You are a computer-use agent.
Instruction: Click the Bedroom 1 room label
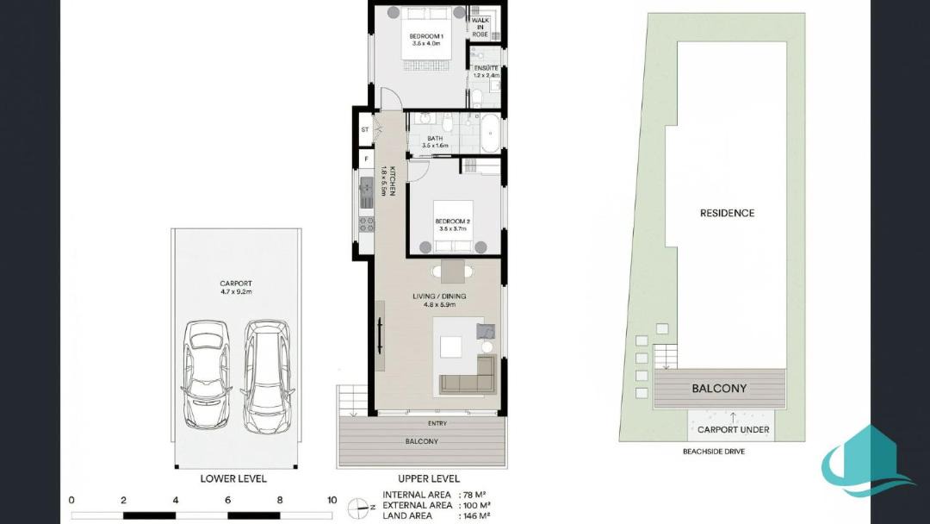pyautogui.click(x=426, y=36)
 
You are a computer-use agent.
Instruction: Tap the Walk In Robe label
pyautogui.click(x=480, y=28)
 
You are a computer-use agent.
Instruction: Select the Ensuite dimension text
pyautogui.click(x=487, y=75)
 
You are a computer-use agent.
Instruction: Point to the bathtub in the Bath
pyautogui.click(x=491, y=134)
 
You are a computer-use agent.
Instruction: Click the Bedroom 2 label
pyautogui.click(x=453, y=221)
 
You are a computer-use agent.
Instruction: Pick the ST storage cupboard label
pyautogui.click(x=365, y=129)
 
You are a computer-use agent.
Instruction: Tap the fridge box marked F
pyautogui.click(x=366, y=159)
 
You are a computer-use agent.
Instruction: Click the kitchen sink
pyautogui.click(x=366, y=192)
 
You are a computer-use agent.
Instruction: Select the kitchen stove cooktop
pyautogui.click(x=366, y=224)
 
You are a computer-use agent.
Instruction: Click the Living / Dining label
pyautogui.click(x=439, y=296)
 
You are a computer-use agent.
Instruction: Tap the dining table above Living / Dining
pyautogui.click(x=453, y=272)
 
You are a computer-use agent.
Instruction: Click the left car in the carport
pyautogui.click(x=206, y=374)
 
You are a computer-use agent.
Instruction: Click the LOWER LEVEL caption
pyautogui.click(x=233, y=478)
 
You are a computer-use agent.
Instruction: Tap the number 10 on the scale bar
pyautogui.click(x=332, y=500)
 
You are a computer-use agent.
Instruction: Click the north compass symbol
pyautogui.click(x=359, y=508)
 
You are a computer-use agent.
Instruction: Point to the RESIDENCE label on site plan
pyautogui.click(x=727, y=213)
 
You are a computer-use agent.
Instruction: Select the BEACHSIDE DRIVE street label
pyautogui.click(x=714, y=452)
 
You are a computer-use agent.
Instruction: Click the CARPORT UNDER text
pyautogui.click(x=733, y=430)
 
